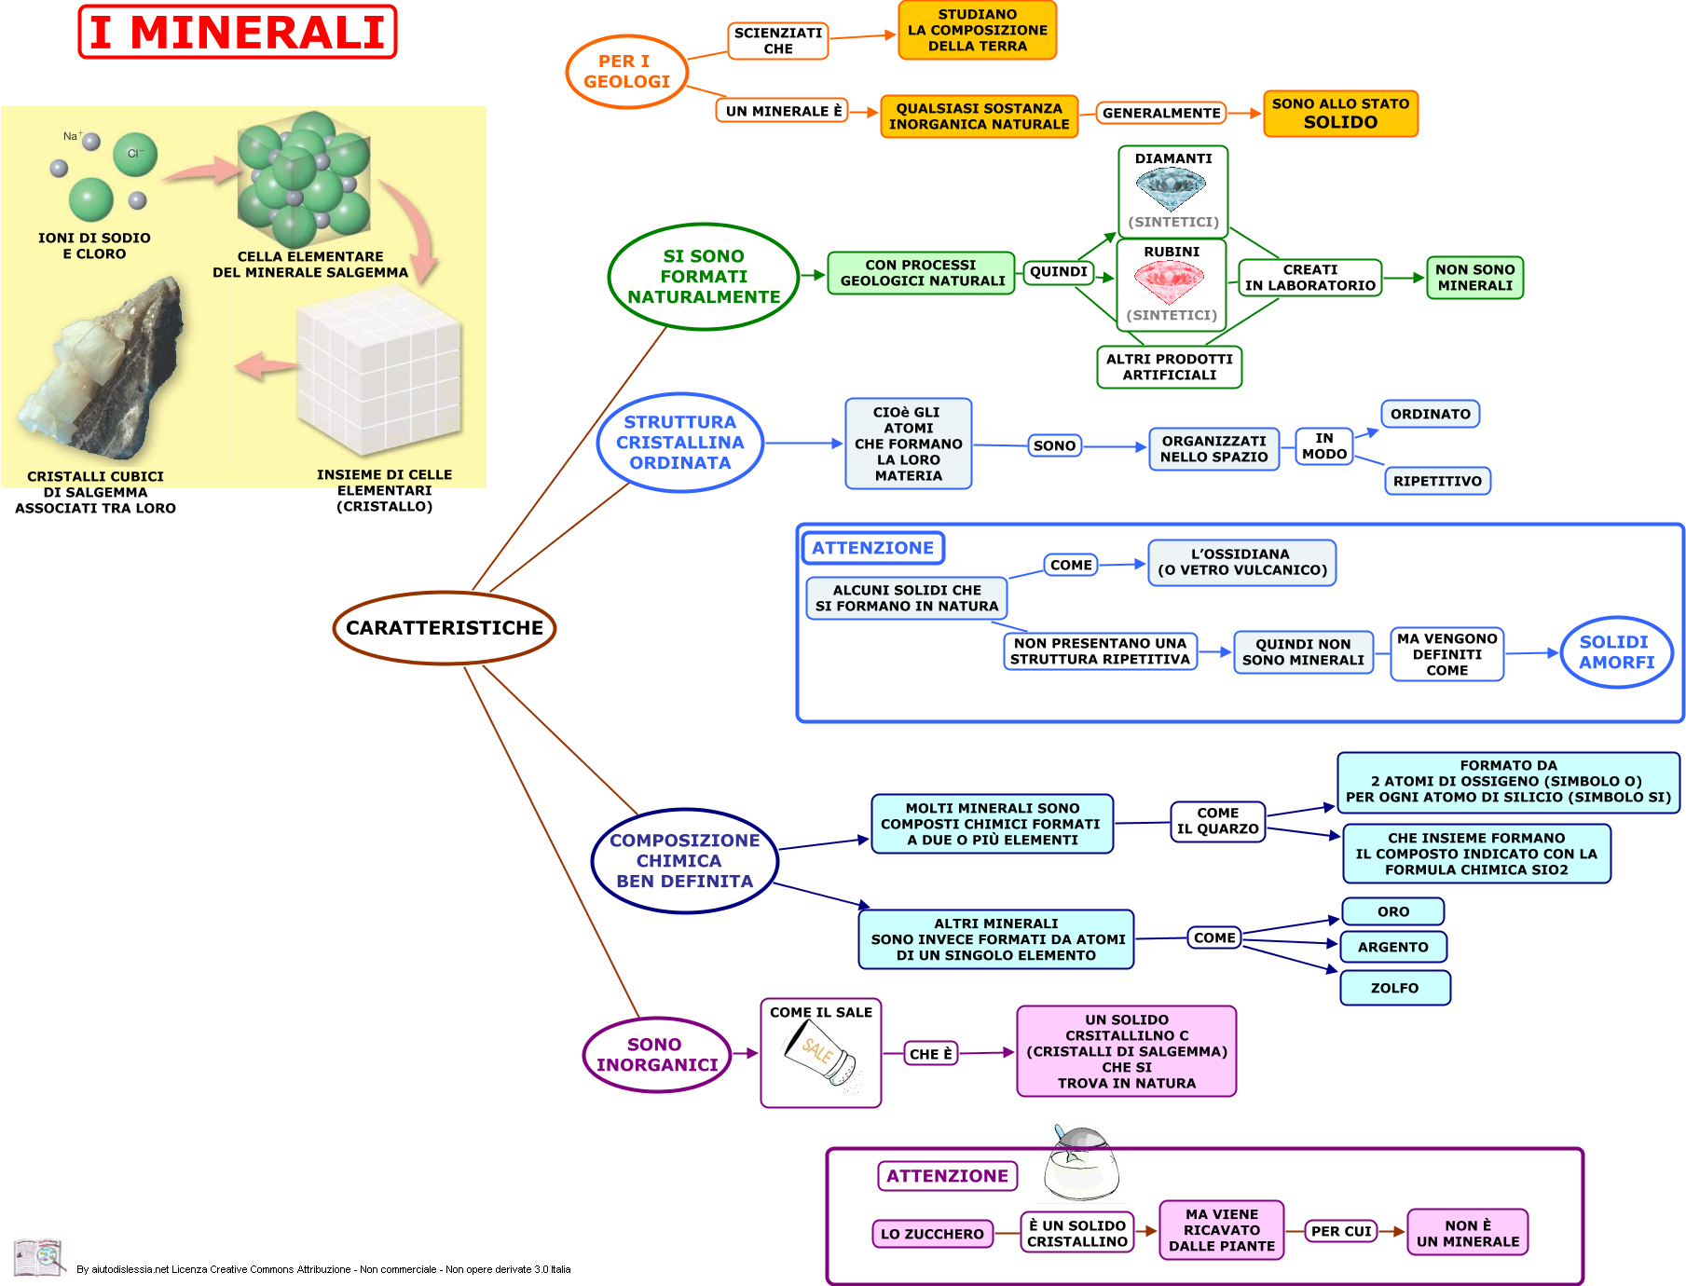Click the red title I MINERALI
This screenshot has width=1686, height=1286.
pos(238,32)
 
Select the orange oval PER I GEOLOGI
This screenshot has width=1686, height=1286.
pos(626,72)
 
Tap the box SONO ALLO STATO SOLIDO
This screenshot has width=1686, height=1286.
pos(1340,114)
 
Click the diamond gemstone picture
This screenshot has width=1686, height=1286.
pos(1172,189)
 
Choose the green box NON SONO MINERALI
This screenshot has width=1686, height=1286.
pos(1474,278)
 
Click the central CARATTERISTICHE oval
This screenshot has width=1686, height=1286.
pos(445,628)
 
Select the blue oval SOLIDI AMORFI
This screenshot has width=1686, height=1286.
pos(1616,652)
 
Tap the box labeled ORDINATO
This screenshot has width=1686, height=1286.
pos(1430,414)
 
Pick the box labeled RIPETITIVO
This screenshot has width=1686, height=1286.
pos(1437,481)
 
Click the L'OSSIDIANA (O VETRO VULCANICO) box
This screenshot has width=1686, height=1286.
pos(1241,563)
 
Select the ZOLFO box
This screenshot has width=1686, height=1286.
pos(1394,988)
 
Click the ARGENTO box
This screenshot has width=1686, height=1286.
pos(1392,947)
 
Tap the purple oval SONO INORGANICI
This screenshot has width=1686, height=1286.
pos(657,1055)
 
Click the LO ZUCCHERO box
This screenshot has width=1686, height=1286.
pos(932,1234)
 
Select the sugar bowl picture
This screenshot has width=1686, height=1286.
pos(1080,1165)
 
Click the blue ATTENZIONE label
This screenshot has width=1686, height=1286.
pos(872,548)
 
